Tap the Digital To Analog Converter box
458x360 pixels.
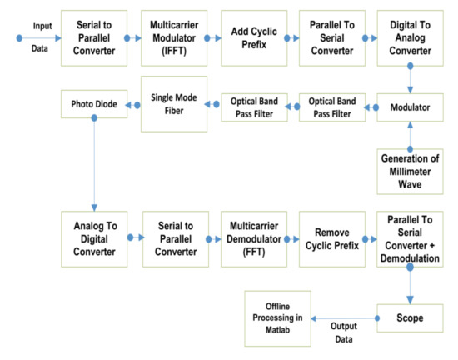tap(409, 38)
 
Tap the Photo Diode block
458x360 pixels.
tap(93, 104)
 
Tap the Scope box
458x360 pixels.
tap(409, 317)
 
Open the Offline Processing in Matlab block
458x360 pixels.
tap(277, 317)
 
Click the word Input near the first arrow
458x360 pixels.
tap(42, 27)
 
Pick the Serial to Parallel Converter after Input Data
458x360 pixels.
tap(95, 38)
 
